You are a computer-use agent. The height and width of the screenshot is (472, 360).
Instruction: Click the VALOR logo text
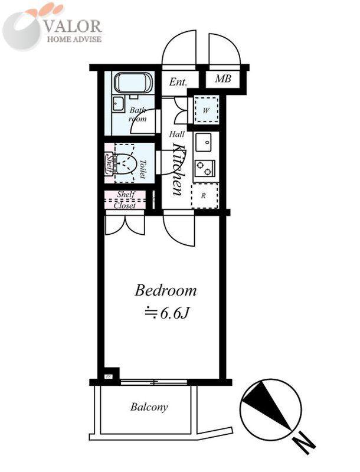point(73,26)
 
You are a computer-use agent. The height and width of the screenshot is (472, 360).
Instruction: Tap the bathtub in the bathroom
point(133,83)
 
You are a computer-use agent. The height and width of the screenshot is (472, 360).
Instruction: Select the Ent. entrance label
point(178,82)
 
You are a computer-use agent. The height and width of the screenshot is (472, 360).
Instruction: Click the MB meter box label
point(223,79)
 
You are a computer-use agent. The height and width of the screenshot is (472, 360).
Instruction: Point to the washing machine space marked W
point(206,110)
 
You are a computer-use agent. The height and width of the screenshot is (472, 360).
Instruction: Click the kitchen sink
point(203,142)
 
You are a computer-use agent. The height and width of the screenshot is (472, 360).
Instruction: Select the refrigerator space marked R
point(204,196)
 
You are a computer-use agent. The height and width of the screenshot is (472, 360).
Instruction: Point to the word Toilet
point(143,169)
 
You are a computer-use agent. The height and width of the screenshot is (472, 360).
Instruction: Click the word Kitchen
point(178,169)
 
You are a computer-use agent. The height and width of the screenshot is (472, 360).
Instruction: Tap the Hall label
point(176,134)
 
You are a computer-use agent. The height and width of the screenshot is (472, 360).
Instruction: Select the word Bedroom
point(166,290)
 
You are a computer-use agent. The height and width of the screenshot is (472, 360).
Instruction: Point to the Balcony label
point(149,407)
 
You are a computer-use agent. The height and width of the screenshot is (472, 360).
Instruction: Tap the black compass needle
point(266,403)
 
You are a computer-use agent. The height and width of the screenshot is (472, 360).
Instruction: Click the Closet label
point(125,205)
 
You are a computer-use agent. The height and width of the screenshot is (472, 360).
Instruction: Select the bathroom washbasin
point(119,104)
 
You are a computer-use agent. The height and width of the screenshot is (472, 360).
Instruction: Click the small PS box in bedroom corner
point(108,376)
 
